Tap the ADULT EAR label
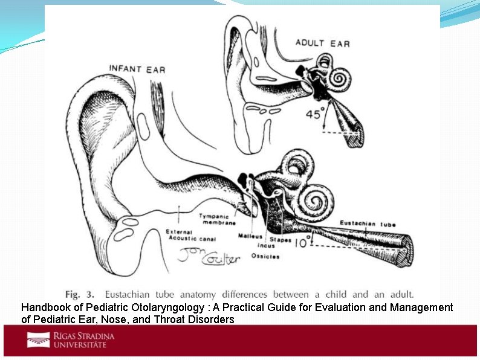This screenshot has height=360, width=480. (x=322, y=43)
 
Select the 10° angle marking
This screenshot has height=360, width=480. (x=303, y=242)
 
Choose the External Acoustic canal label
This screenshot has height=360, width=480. (x=189, y=234)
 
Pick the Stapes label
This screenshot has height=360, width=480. (x=280, y=240)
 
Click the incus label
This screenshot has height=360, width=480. (x=266, y=246)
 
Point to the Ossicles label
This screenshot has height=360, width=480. (x=266, y=257)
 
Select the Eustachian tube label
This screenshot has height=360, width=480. (x=368, y=223)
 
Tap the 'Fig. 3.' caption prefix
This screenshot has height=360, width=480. (x=80, y=295)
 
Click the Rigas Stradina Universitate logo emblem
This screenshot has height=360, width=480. (x=38, y=340)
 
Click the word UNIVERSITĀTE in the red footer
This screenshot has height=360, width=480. (x=80, y=344)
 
